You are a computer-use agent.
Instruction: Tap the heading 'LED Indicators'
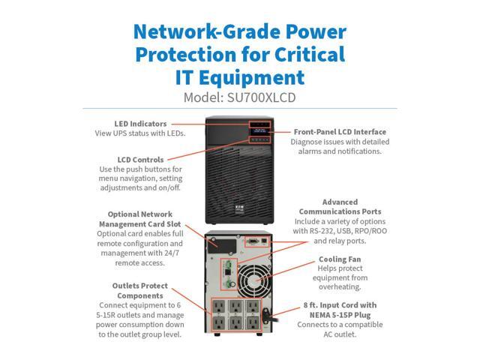[x=142, y=124]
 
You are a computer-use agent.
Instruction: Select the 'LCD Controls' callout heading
[x=141, y=159]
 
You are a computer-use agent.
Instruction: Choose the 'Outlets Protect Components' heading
[x=139, y=291]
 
